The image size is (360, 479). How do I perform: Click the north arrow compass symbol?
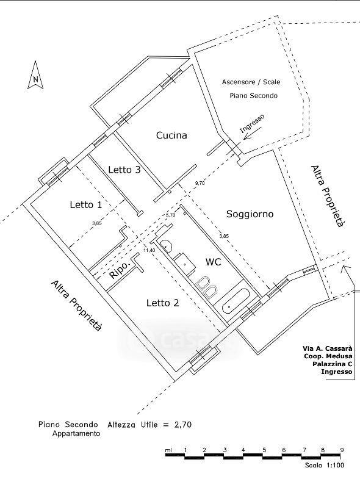(35, 76)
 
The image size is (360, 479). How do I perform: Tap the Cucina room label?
(171, 135)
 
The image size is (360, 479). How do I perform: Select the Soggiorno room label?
(250, 214)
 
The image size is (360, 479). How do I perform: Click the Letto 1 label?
(86, 204)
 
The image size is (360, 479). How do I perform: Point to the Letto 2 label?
(162, 303)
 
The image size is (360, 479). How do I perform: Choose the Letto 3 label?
(124, 170)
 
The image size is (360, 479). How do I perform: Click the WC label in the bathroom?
(214, 262)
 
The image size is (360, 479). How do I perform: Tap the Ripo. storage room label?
(120, 269)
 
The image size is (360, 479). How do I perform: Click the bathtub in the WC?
(236, 301)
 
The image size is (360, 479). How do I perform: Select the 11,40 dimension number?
(149, 250)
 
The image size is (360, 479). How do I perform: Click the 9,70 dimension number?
(200, 183)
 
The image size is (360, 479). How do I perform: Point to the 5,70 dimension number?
(170, 215)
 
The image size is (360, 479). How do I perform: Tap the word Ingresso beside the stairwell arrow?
(252, 123)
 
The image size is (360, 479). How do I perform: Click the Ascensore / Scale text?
(251, 82)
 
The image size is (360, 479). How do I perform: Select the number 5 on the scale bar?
(264, 450)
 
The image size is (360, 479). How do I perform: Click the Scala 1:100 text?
(325, 465)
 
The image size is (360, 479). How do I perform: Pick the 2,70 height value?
(182, 424)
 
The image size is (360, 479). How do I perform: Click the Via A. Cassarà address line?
(327, 348)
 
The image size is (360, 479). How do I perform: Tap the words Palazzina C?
(332, 364)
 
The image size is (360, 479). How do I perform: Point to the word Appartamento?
(76, 433)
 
